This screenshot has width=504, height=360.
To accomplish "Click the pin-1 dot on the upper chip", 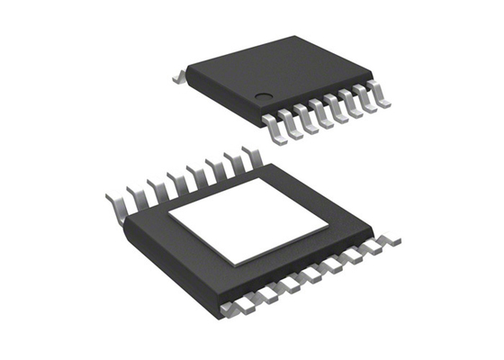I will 264,97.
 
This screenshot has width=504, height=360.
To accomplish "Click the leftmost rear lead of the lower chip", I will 115,200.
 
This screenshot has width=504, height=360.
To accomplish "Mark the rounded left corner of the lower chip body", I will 127,225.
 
